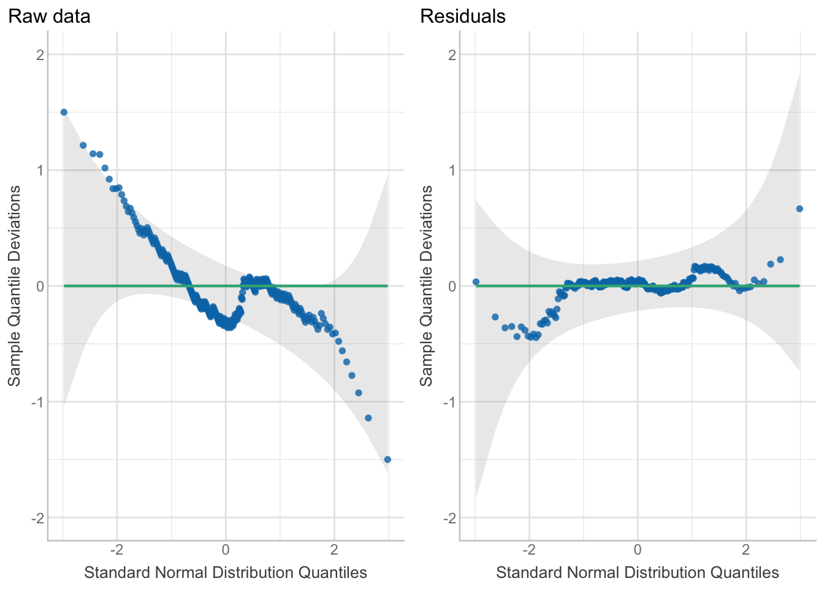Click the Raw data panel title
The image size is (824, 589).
(49, 16)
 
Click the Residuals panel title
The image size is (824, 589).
(462, 16)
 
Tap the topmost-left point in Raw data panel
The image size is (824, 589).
(64, 112)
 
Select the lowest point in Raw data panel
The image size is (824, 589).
(387, 460)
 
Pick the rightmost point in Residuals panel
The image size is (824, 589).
(799, 209)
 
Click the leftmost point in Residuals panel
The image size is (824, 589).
(476, 282)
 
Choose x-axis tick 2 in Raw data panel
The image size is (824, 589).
(335, 548)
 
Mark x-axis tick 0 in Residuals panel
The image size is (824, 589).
(638, 548)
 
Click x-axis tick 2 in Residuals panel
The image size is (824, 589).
(747, 548)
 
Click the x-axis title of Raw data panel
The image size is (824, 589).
(226, 572)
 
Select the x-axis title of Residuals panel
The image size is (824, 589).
(638, 572)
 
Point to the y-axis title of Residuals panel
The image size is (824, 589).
(426, 286)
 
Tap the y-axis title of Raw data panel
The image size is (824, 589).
(14, 286)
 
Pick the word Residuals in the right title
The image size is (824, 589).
(462, 16)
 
